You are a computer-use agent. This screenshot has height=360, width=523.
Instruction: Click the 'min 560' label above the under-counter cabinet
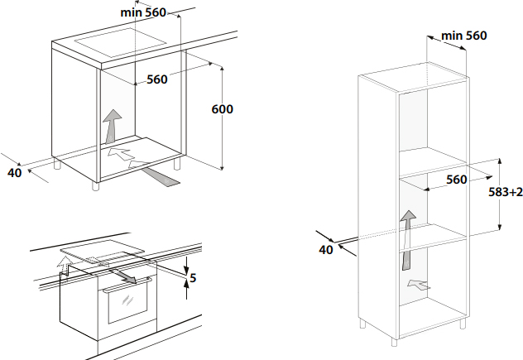point(143,12)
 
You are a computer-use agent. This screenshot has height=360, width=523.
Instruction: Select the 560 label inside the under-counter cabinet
point(157,79)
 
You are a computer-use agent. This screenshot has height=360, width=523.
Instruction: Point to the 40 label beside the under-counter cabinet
point(13,172)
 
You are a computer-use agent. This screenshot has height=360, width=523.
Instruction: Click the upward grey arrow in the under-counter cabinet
point(111,126)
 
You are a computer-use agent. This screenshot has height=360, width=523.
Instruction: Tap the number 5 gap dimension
point(193,277)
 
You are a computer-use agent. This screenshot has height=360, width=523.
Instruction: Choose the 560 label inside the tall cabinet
point(457,180)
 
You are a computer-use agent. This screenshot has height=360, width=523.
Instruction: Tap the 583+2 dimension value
point(503,192)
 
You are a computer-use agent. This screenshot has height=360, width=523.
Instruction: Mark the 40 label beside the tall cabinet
point(325,249)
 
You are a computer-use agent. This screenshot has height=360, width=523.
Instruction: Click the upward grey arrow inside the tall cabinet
point(406,239)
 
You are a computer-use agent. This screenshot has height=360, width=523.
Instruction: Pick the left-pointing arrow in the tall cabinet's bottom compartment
point(419,286)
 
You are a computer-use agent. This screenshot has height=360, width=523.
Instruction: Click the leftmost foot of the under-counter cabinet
point(58,165)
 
